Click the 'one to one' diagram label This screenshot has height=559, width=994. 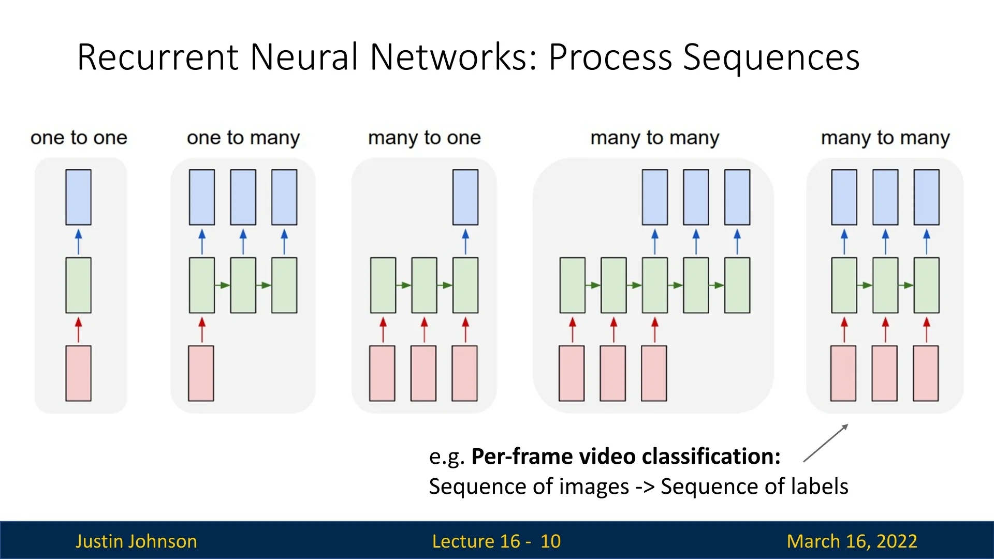(79, 138)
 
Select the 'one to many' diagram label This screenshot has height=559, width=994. (243, 138)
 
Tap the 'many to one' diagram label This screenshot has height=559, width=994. (425, 138)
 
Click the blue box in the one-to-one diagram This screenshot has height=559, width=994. (79, 197)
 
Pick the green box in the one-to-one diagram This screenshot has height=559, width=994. (79, 285)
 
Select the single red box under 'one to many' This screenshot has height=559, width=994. (201, 373)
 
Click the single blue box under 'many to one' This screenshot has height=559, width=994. (465, 197)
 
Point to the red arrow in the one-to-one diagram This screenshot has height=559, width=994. (79, 330)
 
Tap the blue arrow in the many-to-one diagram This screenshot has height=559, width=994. (465, 242)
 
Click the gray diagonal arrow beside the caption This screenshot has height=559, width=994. (826, 443)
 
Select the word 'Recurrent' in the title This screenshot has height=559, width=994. (158, 57)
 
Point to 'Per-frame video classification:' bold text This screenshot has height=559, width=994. (626, 457)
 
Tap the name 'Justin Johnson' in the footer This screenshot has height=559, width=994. (136, 541)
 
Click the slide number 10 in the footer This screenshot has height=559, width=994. (550, 541)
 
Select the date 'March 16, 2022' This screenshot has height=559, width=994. (852, 541)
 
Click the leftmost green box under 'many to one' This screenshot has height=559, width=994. (383, 285)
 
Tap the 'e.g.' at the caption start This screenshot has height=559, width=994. (447, 457)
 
